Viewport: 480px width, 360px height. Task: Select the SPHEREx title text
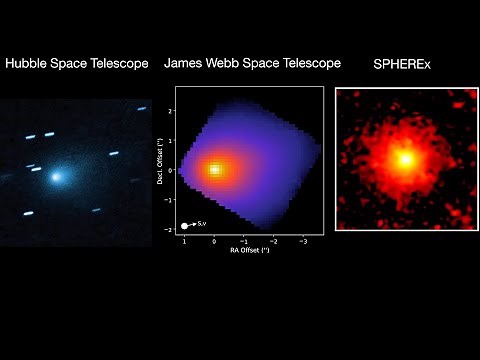pyautogui.click(x=405, y=63)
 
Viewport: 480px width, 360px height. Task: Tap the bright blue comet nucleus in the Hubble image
pyautogui.click(x=56, y=176)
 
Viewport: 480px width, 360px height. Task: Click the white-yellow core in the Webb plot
pyautogui.click(x=214, y=169)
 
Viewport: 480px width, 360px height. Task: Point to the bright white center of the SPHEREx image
pyautogui.click(x=405, y=158)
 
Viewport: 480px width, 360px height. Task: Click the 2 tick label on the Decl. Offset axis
pyautogui.click(x=172, y=110)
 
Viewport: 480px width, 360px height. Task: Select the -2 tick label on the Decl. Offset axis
pyautogui.click(x=171, y=229)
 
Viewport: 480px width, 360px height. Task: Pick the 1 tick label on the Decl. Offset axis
pyautogui.click(x=172, y=140)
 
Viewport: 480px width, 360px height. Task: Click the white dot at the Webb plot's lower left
pyautogui.click(x=185, y=226)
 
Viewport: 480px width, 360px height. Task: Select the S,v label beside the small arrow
pyautogui.click(x=202, y=225)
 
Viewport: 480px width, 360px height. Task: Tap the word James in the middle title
pyautogui.click(x=182, y=63)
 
